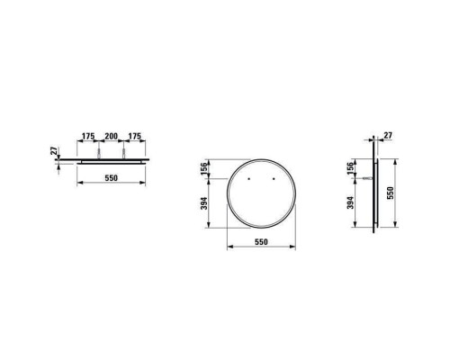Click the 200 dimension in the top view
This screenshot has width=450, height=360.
point(112,137)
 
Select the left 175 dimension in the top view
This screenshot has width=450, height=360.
point(88,137)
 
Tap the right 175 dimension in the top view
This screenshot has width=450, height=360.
point(135,137)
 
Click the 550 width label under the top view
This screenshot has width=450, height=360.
point(112,179)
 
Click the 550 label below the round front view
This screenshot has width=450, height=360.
point(261,242)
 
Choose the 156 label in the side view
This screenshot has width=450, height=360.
point(351,169)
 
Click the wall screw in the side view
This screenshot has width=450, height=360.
point(367,178)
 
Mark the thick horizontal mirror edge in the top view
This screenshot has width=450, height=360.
point(112,158)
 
